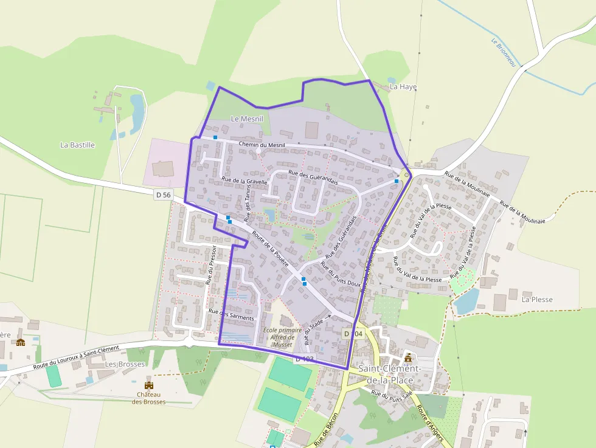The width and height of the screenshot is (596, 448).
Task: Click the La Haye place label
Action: pyautogui.click(x=403, y=87)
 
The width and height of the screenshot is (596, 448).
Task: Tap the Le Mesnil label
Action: pyautogui.click(x=247, y=119)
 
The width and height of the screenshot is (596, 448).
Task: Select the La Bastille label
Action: pyautogui.click(x=77, y=145)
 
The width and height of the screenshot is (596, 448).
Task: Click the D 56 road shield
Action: pyautogui.click(x=163, y=195)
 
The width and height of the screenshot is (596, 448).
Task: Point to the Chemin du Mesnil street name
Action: pyautogui.click(x=262, y=144)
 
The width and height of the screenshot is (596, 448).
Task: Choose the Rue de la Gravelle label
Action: pyautogui.click(x=244, y=182)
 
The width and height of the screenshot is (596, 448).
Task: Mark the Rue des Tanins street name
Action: pyautogui.click(x=248, y=203)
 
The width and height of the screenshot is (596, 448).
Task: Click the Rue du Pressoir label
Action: pyautogui.click(x=211, y=265)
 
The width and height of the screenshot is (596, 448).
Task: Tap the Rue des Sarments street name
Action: pyautogui.click(x=230, y=314)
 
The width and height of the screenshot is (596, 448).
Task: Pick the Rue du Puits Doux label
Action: pyautogui.click(x=341, y=274)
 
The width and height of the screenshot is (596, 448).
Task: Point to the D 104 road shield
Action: pyautogui.click(x=353, y=334)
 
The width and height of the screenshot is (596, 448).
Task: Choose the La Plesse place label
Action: pyautogui.click(x=536, y=300)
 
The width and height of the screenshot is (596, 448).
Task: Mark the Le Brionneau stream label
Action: pyautogui.click(x=502, y=53)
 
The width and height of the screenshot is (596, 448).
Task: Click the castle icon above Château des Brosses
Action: pyautogui.click(x=148, y=385)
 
